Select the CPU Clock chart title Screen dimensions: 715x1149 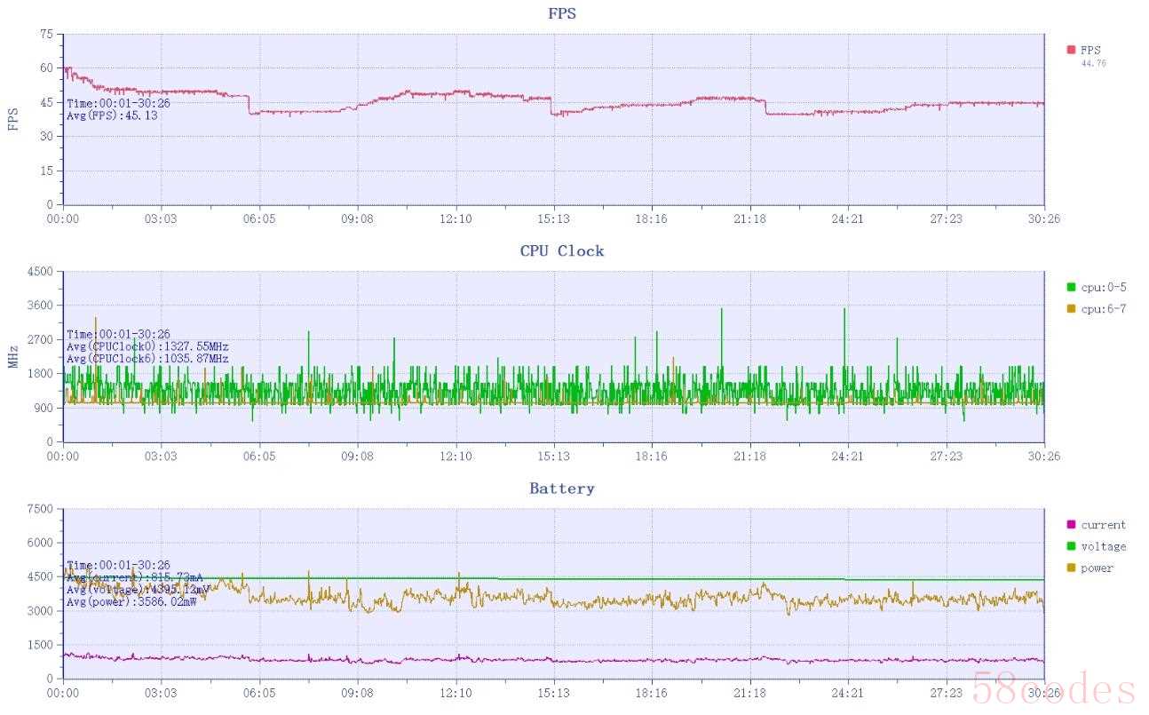click(562, 251)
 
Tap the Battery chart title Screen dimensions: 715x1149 click(562, 489)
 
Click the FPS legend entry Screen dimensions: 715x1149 click(1090, 51)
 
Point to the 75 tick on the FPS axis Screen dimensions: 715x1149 click(46, 35)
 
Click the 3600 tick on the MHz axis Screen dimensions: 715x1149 click(41, 306)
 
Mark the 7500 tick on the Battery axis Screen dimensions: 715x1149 click(41, 509)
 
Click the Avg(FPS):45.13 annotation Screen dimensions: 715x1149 click(113, 115)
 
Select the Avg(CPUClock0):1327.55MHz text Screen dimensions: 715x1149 click(147, 346)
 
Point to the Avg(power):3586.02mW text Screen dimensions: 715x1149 click(131, 601)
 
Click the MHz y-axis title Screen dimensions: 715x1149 click(13, 357)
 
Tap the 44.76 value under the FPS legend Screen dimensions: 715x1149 click(1093, 64)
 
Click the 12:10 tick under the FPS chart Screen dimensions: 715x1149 click(456, 218)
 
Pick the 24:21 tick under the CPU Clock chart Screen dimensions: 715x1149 click(847, 457)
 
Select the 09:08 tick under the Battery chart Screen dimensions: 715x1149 click(357, 693)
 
